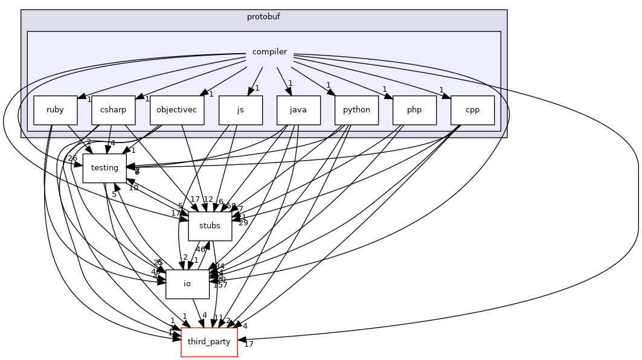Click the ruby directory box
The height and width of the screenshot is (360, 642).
tap(56, 111)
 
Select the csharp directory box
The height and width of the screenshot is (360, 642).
tap(113, 111)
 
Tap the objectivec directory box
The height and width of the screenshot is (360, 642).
tap(177, 111)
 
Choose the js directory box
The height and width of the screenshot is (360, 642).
tap(240, 111)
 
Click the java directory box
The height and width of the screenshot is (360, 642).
tap(298, 111)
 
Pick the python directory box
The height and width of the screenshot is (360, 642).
tap(356, 111)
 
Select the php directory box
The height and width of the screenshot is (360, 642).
tap(414, 111)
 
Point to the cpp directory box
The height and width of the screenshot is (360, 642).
tap(472, 111)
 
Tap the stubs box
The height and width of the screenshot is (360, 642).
tap(210, 226)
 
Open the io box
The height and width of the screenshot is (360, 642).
tap(187, 284)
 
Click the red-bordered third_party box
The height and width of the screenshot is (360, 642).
tap(209, 342)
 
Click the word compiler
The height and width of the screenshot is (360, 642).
tap(269, 52)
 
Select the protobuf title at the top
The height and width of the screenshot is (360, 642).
tap(263, 16)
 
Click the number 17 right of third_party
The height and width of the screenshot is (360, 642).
tap(249, 344)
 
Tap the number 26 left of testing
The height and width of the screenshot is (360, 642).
tap(72, 159)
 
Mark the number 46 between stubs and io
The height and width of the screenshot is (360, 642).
tap(200, 249)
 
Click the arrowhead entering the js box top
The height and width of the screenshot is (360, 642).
tap(249, 92)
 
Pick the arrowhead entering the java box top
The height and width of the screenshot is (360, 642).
tap(289, 92)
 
